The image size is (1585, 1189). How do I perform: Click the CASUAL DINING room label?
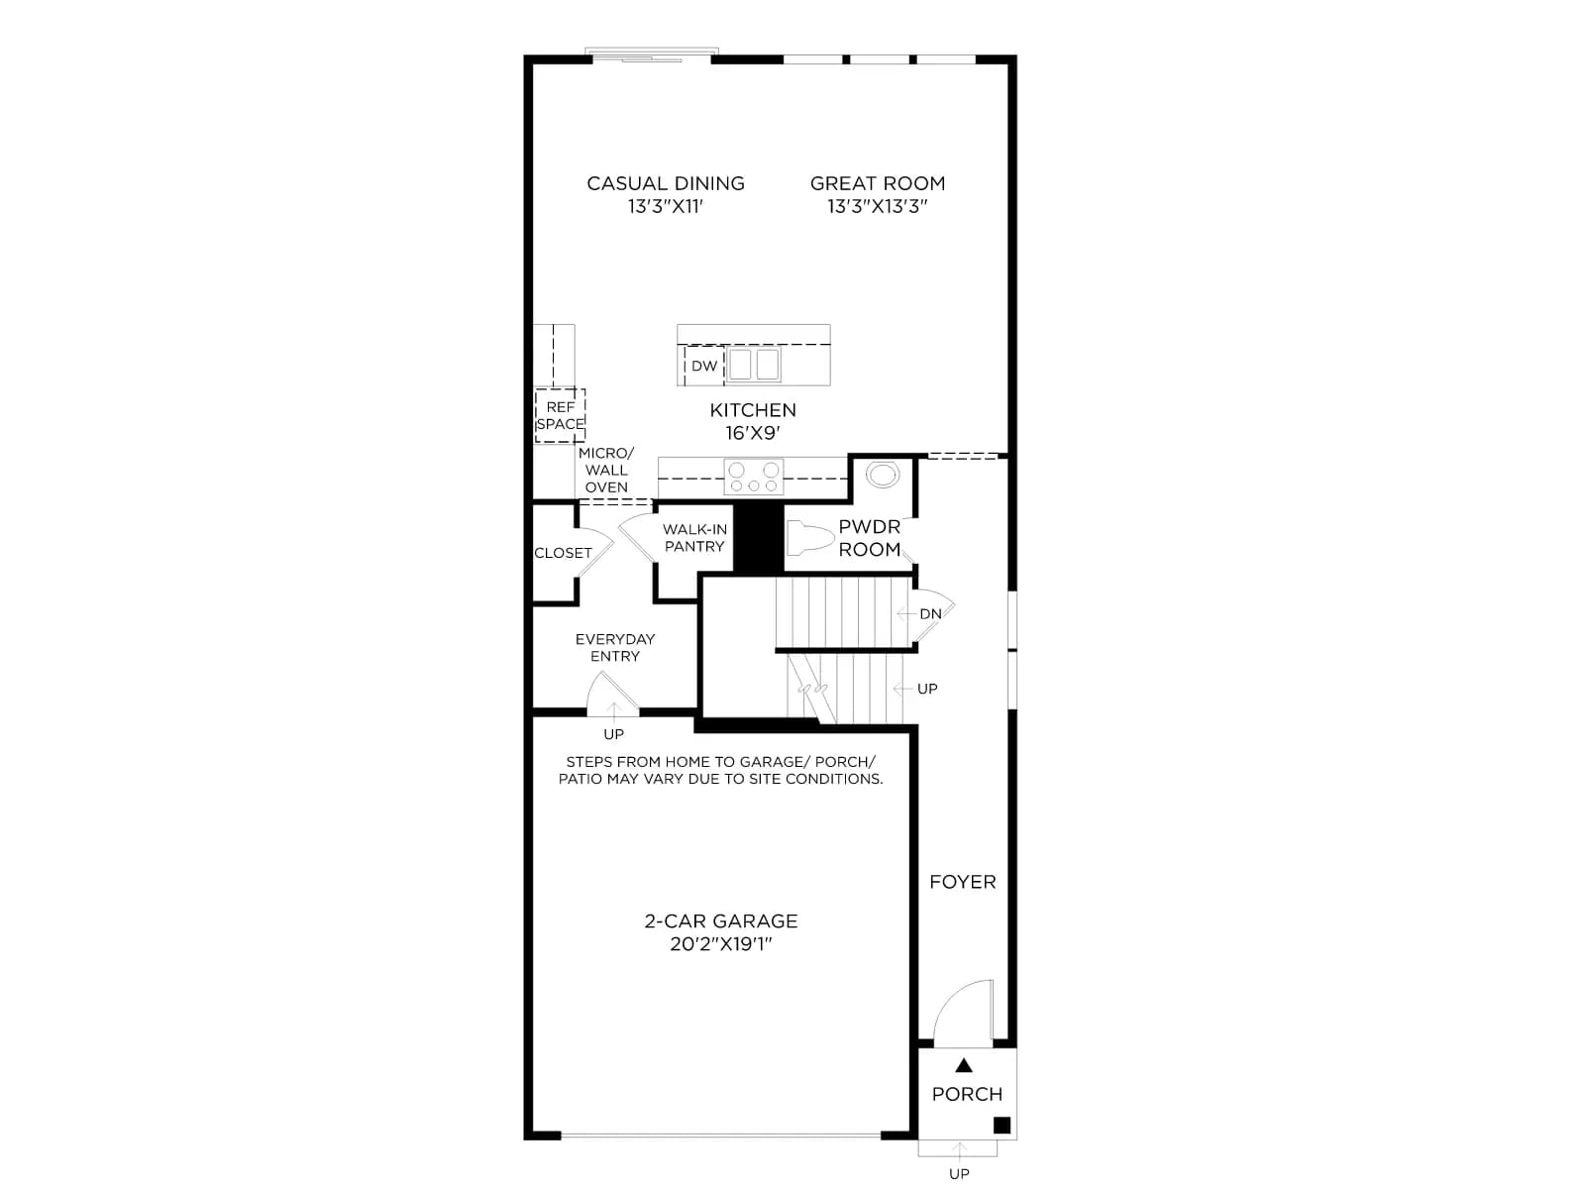(665, 183)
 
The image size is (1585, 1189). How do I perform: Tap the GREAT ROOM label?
(878, 183)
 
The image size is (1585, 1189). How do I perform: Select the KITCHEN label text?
(753, 410)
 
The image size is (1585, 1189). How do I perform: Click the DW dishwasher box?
(704, 366)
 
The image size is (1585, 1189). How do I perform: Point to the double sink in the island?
(754, 365)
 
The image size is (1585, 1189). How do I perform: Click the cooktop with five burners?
(754, 478)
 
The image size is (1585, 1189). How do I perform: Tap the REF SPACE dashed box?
(560, 416)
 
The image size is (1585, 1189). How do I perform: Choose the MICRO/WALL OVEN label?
(606, 470)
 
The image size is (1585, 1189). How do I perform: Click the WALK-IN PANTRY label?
(694, 538)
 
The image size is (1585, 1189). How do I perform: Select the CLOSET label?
(564, 553)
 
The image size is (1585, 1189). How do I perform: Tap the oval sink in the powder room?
(883, 475)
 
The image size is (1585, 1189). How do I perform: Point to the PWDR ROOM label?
(870, 538)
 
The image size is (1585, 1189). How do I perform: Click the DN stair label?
(930, 613)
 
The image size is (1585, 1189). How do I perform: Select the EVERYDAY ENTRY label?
(615, 648)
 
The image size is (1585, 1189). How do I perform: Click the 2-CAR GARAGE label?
(721, 921)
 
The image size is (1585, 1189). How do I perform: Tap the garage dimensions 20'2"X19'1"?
(721, 944)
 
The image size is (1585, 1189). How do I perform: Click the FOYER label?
(963, 882)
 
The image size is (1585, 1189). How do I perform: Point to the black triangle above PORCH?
(964, 1065)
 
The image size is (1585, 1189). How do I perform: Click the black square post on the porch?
(1002, 1125)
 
